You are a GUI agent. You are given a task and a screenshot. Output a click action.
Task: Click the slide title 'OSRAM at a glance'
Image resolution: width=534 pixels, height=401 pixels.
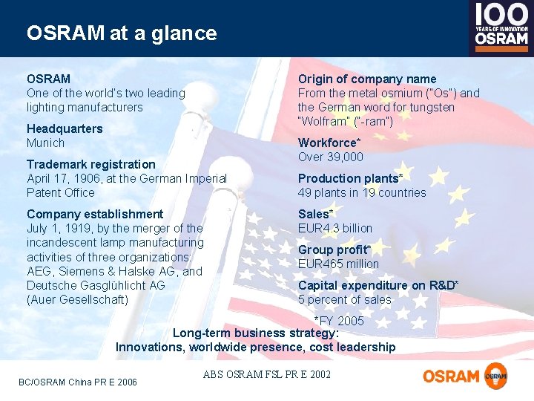pyautogui.click(x=122, y=33)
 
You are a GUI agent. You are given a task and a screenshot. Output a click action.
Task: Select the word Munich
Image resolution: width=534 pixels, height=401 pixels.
pyautogui.click(x=45, y=143)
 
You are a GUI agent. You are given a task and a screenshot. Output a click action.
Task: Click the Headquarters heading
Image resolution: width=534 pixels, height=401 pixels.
pyautogui.click(x=65, y=128)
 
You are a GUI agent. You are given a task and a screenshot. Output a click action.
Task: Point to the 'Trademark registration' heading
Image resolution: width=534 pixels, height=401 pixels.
pyautogui.click(x=91, y=164)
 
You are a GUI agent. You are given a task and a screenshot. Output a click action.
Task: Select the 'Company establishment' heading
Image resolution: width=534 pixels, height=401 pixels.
pyautogui.click(x=95, y=214)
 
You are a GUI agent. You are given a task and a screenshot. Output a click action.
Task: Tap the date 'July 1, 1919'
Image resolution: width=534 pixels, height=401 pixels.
pyautogui.click(x=59, y=228)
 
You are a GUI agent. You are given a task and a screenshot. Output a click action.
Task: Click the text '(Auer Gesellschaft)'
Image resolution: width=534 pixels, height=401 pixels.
pyautogui.click(x=77, y=299)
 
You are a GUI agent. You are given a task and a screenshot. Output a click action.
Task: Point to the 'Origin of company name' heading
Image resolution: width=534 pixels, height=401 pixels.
pyautogui.click(x=367, y=79)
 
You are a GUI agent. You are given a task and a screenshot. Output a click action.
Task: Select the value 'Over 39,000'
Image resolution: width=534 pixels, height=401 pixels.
pyautogui.click(x=331, y=157)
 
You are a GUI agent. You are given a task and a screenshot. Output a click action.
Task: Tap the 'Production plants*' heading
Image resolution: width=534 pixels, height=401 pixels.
pyautogui.click(x=350, y=178)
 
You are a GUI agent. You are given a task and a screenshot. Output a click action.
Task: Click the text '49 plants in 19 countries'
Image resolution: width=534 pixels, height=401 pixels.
pyautogui.click(x=362, y=192)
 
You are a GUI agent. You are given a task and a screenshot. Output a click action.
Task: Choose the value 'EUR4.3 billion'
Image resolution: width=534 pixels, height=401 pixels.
pyautogui.click(x=335, y=228)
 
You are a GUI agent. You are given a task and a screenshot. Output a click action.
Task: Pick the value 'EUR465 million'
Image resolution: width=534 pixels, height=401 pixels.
pyautogui.click(x=338, y=264)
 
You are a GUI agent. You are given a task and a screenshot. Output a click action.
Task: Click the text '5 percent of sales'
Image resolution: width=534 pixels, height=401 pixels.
pyautogui.click(x=344, y=299)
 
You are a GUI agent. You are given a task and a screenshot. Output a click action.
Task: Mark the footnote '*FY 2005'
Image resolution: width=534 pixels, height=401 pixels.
pyautogui.click(x=339, y=321)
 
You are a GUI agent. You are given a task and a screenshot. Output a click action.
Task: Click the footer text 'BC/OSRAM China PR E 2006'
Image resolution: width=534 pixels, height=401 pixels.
pyautogui.click(x=78, y=382)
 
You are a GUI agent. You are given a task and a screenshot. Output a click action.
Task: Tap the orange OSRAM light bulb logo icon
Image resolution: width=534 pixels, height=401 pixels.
pyautogui.click(x=495, y=376)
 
